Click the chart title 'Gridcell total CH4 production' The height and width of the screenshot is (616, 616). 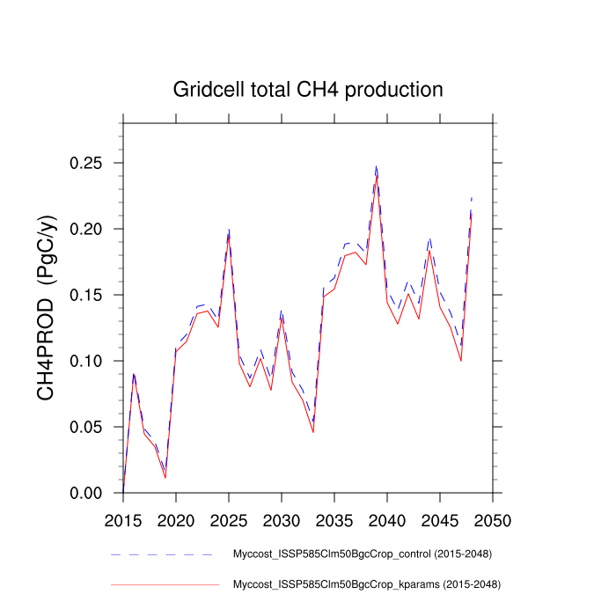click(x=308, y=90)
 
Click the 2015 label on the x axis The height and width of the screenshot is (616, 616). click(x=123, y=519)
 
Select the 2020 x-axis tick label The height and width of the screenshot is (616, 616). click(x=176, y=519)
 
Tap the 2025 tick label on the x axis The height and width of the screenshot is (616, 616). click(x=229, y=519)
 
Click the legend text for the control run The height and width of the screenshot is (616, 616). click(x=362, y=554)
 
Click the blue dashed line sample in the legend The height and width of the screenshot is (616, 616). click(x=164, y=555)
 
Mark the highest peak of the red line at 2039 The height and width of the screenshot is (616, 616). click(x=377, y=175)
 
